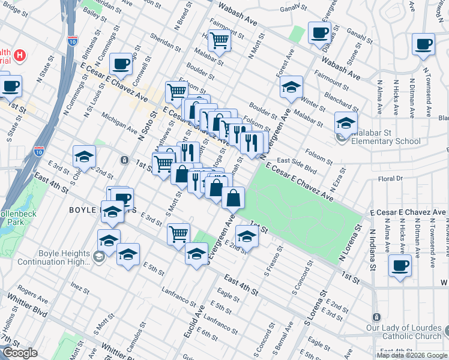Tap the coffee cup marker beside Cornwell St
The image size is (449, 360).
pyautogui.click(x=121, y=64)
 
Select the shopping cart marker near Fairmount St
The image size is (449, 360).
pyautogui.click(x=220, y=41)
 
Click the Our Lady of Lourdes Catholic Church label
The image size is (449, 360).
pyautogui.click(x=404, y=332)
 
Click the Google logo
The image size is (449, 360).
pyautogui.click(x=20, y=353)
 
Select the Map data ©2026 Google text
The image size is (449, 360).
pyautogui.click(x=412, y=355)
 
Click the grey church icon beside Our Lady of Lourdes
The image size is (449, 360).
pyautogui.click(x=376, y=317)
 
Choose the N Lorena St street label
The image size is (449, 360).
pyautogui.click(x=352, y=245)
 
